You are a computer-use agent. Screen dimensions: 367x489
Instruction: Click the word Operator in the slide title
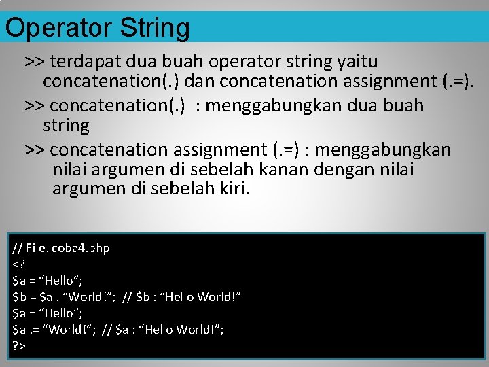click(x=58, y=28)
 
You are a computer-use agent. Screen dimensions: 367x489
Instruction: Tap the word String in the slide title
click(x=154, y=28)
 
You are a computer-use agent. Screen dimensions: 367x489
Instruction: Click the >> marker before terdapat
click(x=34, y=62)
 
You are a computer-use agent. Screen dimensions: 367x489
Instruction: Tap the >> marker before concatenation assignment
click(x=34, y=149)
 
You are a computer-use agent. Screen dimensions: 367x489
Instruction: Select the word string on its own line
click(x=66, y=126)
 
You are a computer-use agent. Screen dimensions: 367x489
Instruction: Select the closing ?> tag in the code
click(x=18, y=346)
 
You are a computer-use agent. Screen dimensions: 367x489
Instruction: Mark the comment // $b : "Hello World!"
click(x=182, y=296)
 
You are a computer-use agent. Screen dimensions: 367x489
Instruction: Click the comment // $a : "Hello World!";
click(x=164, y=329)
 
